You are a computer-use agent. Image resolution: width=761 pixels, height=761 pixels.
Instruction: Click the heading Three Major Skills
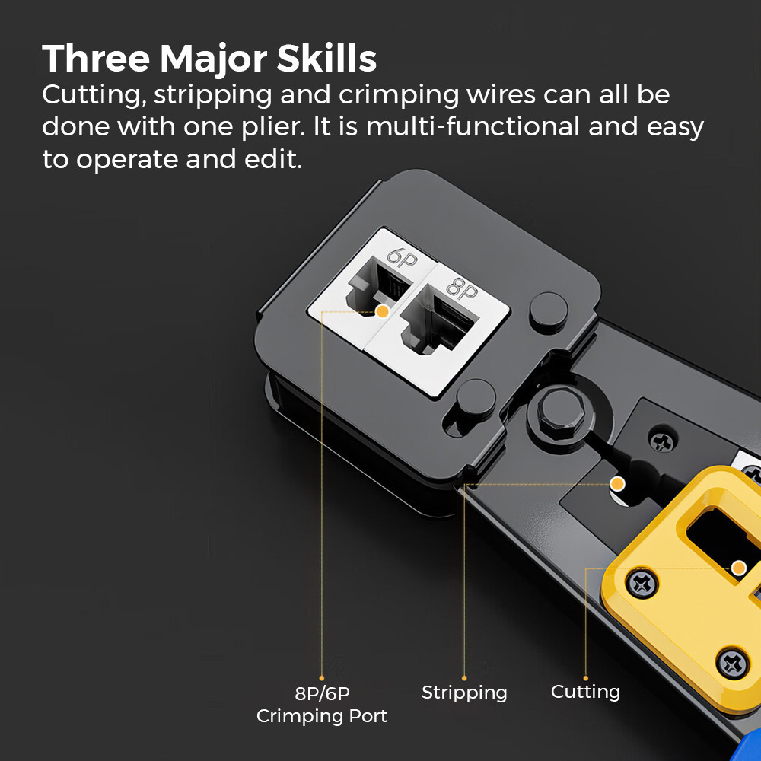[209, 59]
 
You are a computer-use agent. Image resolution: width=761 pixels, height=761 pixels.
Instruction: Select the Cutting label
[585, 692]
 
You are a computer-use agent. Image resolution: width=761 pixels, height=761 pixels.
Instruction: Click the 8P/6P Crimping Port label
[322, 705]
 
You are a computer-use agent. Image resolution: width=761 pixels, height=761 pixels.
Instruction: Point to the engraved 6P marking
[403, 258]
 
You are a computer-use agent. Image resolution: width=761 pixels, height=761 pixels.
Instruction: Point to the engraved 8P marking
[462, 288]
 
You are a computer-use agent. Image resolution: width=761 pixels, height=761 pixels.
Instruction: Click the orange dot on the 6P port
[383, 311]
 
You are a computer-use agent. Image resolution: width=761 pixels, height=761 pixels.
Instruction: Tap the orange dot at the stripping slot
[617, 483]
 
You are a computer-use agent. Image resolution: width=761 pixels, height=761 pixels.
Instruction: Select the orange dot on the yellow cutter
[739, 568]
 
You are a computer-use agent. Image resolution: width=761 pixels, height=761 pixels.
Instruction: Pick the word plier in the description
[272, 127]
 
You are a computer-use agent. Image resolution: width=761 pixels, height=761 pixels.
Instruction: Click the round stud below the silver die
[476, 398]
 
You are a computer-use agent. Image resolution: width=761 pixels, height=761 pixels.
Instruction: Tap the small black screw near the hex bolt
[662, 441]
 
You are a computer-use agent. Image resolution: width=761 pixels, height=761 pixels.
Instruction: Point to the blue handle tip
[747, 749]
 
